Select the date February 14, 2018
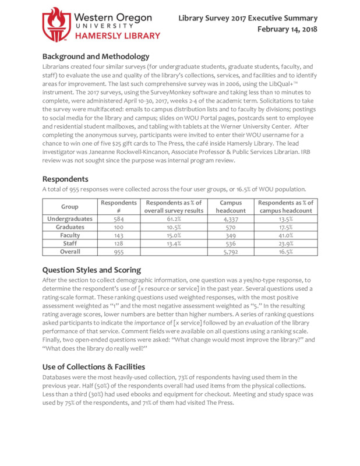(x=288, y=29)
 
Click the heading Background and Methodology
(x=96, y=57)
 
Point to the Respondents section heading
(x=65, y=179)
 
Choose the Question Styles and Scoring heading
(x=91, y=270)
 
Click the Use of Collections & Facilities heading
(x=94, y=366)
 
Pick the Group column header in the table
(x=69, y=207)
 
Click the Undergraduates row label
(x=69, y=219)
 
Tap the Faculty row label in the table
(x=69, y=235)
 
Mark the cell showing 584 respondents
(x=118, y=219)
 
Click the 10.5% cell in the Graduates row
(x=174, y=227)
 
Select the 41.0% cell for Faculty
(x=285, y=235)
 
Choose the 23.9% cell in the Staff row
(x=285, y=243)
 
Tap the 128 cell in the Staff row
(x=118, y=243)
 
